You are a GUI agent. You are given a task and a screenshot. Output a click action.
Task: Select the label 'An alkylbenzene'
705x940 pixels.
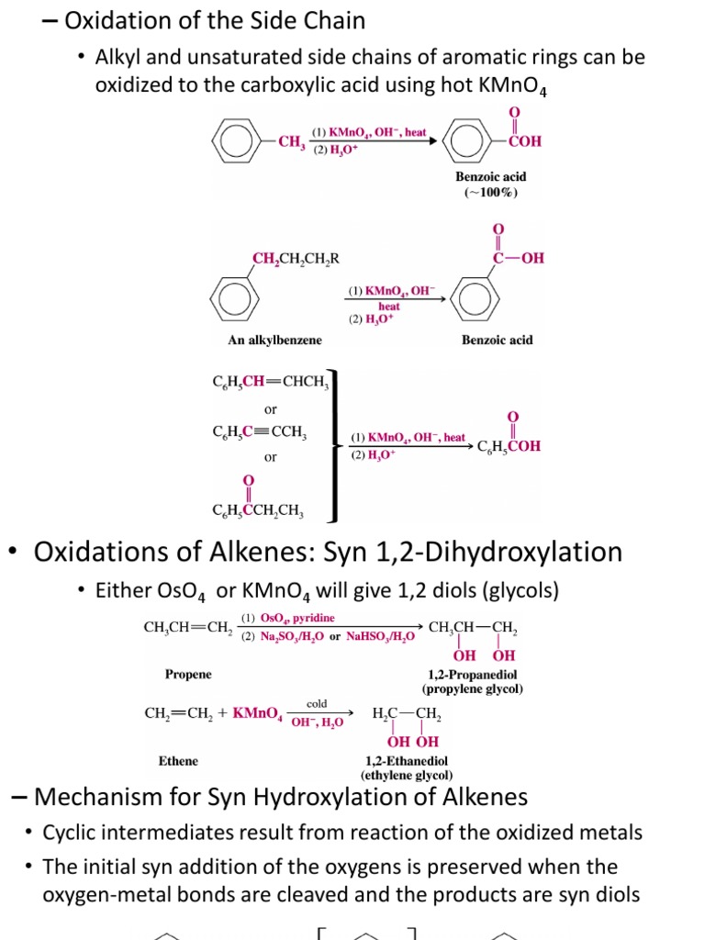275,341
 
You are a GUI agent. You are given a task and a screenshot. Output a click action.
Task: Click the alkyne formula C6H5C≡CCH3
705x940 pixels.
260,432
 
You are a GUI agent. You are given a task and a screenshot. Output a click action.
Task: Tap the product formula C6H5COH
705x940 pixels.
509,446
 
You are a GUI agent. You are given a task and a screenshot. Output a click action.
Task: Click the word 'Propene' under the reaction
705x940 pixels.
188,675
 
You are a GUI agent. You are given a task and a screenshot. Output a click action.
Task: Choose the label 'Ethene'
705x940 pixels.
178,761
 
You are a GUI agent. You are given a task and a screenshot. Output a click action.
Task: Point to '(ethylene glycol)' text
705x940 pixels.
408,775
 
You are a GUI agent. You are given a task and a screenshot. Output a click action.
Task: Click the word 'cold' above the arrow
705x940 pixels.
317,703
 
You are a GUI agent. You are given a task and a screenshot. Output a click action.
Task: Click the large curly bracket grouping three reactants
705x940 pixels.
338,446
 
